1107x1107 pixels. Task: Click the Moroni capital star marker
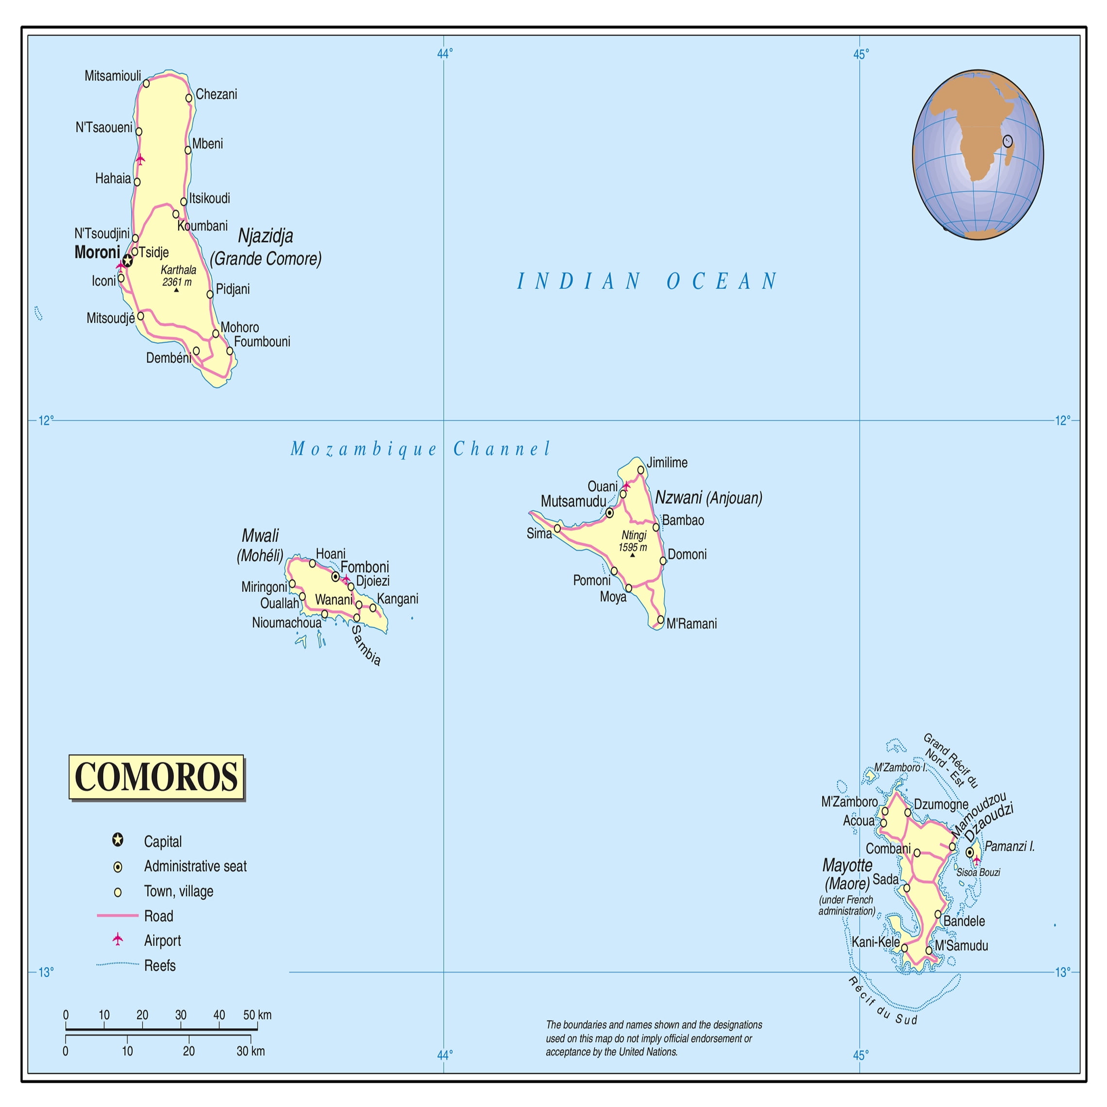[x=127, y=261]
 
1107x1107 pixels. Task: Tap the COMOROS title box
[x=156, y=777]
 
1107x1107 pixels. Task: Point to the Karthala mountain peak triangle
[x=176, y=290]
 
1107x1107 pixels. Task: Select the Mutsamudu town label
[x=573, y=502]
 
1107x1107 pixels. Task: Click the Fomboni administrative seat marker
[x=335, y=577]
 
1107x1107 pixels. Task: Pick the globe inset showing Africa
[x=977, y=155]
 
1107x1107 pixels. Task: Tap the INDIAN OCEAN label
[x=648, y=281]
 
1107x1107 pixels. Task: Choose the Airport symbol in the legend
[x=117, y=939]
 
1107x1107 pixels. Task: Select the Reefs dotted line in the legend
[x=117, y=964]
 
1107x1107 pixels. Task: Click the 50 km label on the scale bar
[x=257, y=1015]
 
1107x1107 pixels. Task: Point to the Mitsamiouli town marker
[x=146, y=84]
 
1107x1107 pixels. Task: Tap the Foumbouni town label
[x=262, y=342]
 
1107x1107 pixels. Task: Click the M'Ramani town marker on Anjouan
[x=661, y=620]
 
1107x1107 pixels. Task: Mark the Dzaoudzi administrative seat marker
[x=970, y=853]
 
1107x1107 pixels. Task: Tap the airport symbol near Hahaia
[x=140, y=159]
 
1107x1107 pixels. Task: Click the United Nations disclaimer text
[x=653, y=1038]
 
